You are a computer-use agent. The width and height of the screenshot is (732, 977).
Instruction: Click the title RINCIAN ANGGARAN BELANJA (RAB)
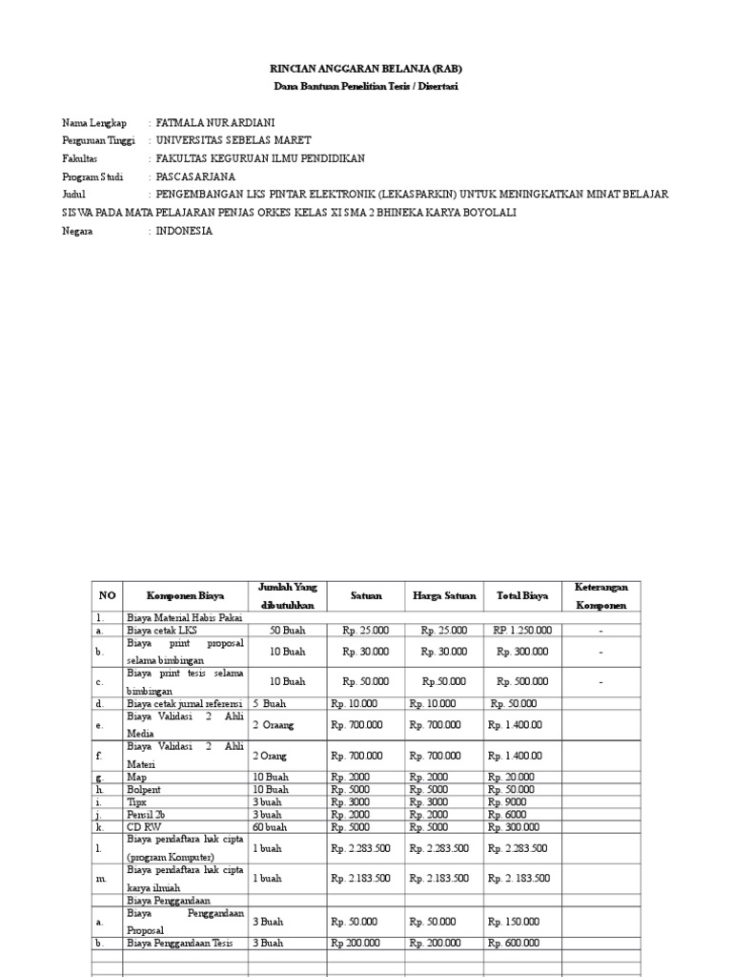click(367, 71)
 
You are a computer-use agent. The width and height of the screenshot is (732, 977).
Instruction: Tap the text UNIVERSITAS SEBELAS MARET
click(233, 141)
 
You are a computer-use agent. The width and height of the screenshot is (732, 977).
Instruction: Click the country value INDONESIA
click(184, 231)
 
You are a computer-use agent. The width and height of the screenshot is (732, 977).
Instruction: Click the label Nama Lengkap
click(94, 124)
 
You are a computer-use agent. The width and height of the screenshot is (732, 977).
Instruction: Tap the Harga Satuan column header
click(444, 595)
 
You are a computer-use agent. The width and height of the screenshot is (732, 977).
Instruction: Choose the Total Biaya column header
click(521, 595)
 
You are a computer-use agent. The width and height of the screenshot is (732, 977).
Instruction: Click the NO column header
click(107, 595)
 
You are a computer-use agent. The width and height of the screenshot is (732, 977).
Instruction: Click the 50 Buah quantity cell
click(287, 631)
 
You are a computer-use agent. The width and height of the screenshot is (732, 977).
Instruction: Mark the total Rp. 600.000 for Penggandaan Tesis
click(513, 943)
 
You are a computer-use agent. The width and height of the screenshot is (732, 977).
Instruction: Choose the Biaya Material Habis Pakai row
click(184, 618)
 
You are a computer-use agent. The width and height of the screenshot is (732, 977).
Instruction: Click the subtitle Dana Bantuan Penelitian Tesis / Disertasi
click(367, 88)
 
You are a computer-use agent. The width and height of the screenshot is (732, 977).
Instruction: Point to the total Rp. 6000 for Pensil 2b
click(506, 815)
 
